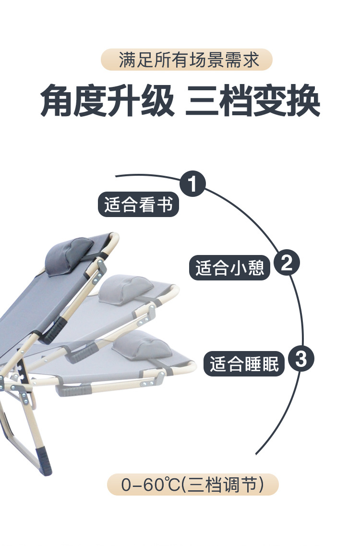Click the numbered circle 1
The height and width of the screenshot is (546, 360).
(x=192, y=184)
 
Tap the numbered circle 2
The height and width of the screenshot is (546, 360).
(x=287, y=263)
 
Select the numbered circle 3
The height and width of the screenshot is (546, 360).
(x=300, y=359)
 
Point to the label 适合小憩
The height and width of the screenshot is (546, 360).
(x=230, y=267)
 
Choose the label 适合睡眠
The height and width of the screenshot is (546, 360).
(x=244, y=364)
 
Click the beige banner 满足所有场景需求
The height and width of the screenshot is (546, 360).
(x=186, y=60)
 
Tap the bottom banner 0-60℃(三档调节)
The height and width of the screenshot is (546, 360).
(x=192, y=484)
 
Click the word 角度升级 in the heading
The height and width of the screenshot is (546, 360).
(x=107, y=100)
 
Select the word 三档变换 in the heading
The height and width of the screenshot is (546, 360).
(x=252, y=100)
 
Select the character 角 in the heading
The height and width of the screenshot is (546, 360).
(x=57, y=100)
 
